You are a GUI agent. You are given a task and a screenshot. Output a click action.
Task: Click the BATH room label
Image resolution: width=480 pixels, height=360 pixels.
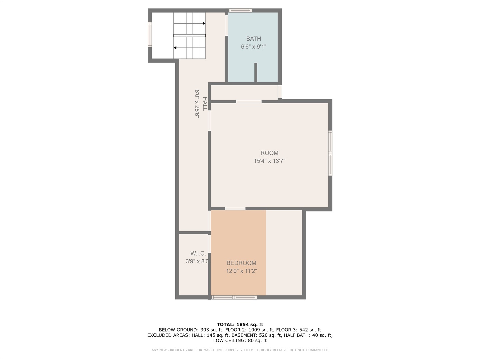(x=253, y=39)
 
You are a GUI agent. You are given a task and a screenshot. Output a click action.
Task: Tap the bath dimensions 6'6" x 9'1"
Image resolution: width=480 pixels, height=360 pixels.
(x=253, y=47)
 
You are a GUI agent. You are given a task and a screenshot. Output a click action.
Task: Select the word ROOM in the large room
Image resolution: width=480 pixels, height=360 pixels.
(x=269, y=153)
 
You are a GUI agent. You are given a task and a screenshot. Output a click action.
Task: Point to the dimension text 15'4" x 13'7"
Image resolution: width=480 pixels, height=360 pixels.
(x=269, y=161)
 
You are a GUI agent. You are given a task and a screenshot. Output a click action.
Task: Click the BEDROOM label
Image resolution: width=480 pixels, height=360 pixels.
(x=241, y=263)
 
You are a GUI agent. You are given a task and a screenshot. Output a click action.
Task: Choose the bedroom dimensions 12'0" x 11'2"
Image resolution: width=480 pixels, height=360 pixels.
(x=241, y=271)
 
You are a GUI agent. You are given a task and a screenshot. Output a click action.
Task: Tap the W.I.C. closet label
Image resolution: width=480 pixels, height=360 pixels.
(x=198, y=253)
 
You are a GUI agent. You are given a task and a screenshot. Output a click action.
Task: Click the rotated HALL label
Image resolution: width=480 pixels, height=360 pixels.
(x=205, y=104)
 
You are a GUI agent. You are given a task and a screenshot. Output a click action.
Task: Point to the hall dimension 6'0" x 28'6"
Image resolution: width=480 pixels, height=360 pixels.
(x=197, y=104)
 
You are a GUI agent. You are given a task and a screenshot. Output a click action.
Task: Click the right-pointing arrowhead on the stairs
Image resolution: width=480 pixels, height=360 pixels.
(x=204, y=23)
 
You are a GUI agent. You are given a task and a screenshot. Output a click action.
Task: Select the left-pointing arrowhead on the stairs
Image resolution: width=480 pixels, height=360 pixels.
(x=175, y=48)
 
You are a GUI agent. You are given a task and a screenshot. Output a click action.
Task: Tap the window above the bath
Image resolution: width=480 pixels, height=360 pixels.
(x=240, y=10)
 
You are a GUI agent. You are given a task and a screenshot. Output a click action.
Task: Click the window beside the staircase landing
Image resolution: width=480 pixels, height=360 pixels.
(x=150, y=35)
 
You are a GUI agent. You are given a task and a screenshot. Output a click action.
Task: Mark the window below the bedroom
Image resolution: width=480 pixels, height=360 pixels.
(x=234, y=297)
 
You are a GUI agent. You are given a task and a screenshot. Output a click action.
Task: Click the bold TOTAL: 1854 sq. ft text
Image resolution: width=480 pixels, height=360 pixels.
(x=240, y=324)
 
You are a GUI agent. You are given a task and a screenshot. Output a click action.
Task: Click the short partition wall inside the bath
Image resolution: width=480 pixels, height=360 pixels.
(x=256, y=73)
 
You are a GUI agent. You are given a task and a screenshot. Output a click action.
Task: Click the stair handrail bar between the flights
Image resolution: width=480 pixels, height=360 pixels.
(x=189, y=35)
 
